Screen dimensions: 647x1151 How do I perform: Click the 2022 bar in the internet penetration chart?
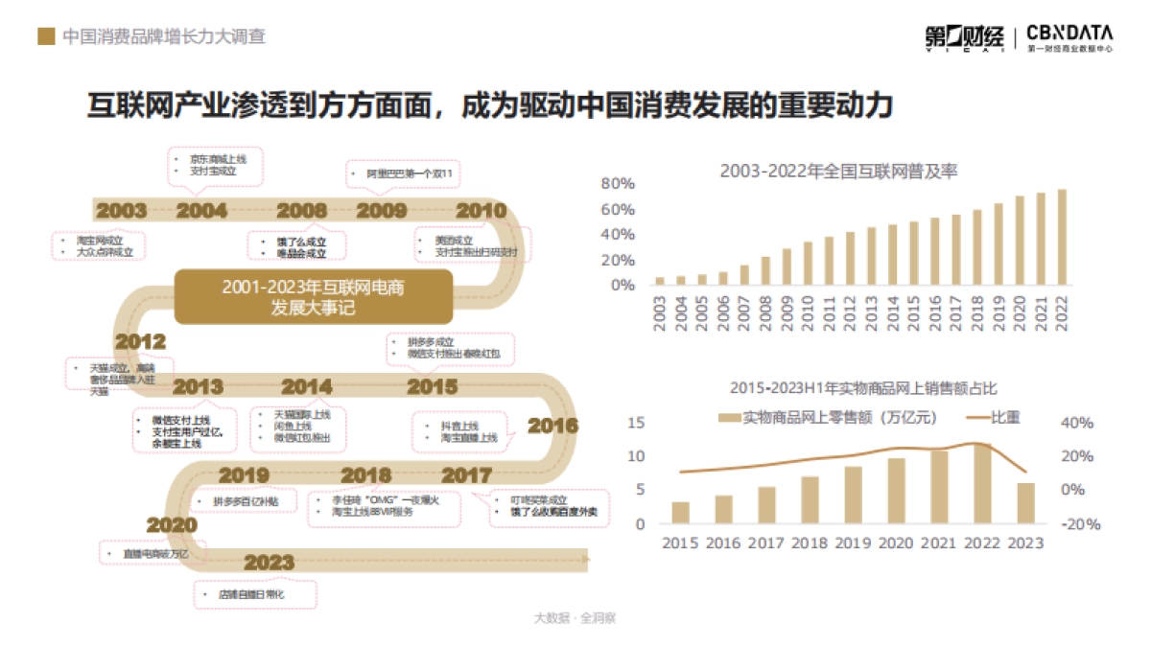tap(1062, 238)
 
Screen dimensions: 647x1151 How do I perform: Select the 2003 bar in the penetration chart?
tap(660, 281)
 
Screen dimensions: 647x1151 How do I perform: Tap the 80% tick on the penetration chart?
tap(618, 184)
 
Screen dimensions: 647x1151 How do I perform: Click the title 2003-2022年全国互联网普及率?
tap(839, 172)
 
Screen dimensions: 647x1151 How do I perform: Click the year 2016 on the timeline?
tap(553, 426)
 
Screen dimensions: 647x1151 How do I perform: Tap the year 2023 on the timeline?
tap(269, 562)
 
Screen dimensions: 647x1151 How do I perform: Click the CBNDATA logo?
tap(1069, 36)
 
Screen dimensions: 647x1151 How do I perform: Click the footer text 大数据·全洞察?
tap(575, 618)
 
